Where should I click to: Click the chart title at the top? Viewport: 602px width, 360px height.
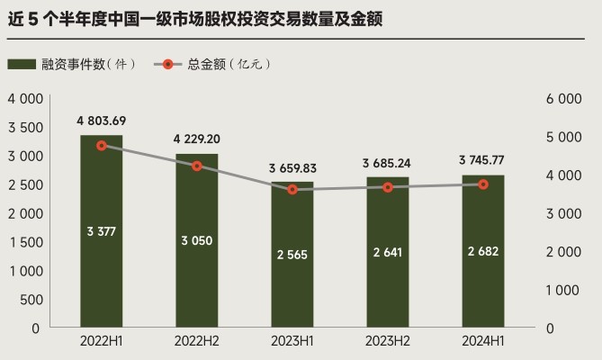pyautogui.click(x=194, y=18)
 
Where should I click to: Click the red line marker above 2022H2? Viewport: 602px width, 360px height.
pyautogui.click(x=197, y=166)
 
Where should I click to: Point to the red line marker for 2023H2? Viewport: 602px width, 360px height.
pyautogui.click(x=388, y=187)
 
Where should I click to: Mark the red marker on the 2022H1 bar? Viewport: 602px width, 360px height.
pyautogui.click(x=102, y=145)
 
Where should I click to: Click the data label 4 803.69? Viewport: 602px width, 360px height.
pyautogui.click(x=102, y=121)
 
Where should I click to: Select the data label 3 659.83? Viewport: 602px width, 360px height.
pyautogui.click(x=292, y=168)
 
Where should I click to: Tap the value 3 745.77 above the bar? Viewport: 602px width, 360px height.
pyautogui.click(x=483, y=162)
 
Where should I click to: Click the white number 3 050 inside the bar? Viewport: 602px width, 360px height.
pyautogui.click(x=197, y=240)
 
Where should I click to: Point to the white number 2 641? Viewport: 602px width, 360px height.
pyautogui.click(x=388, y=252)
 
